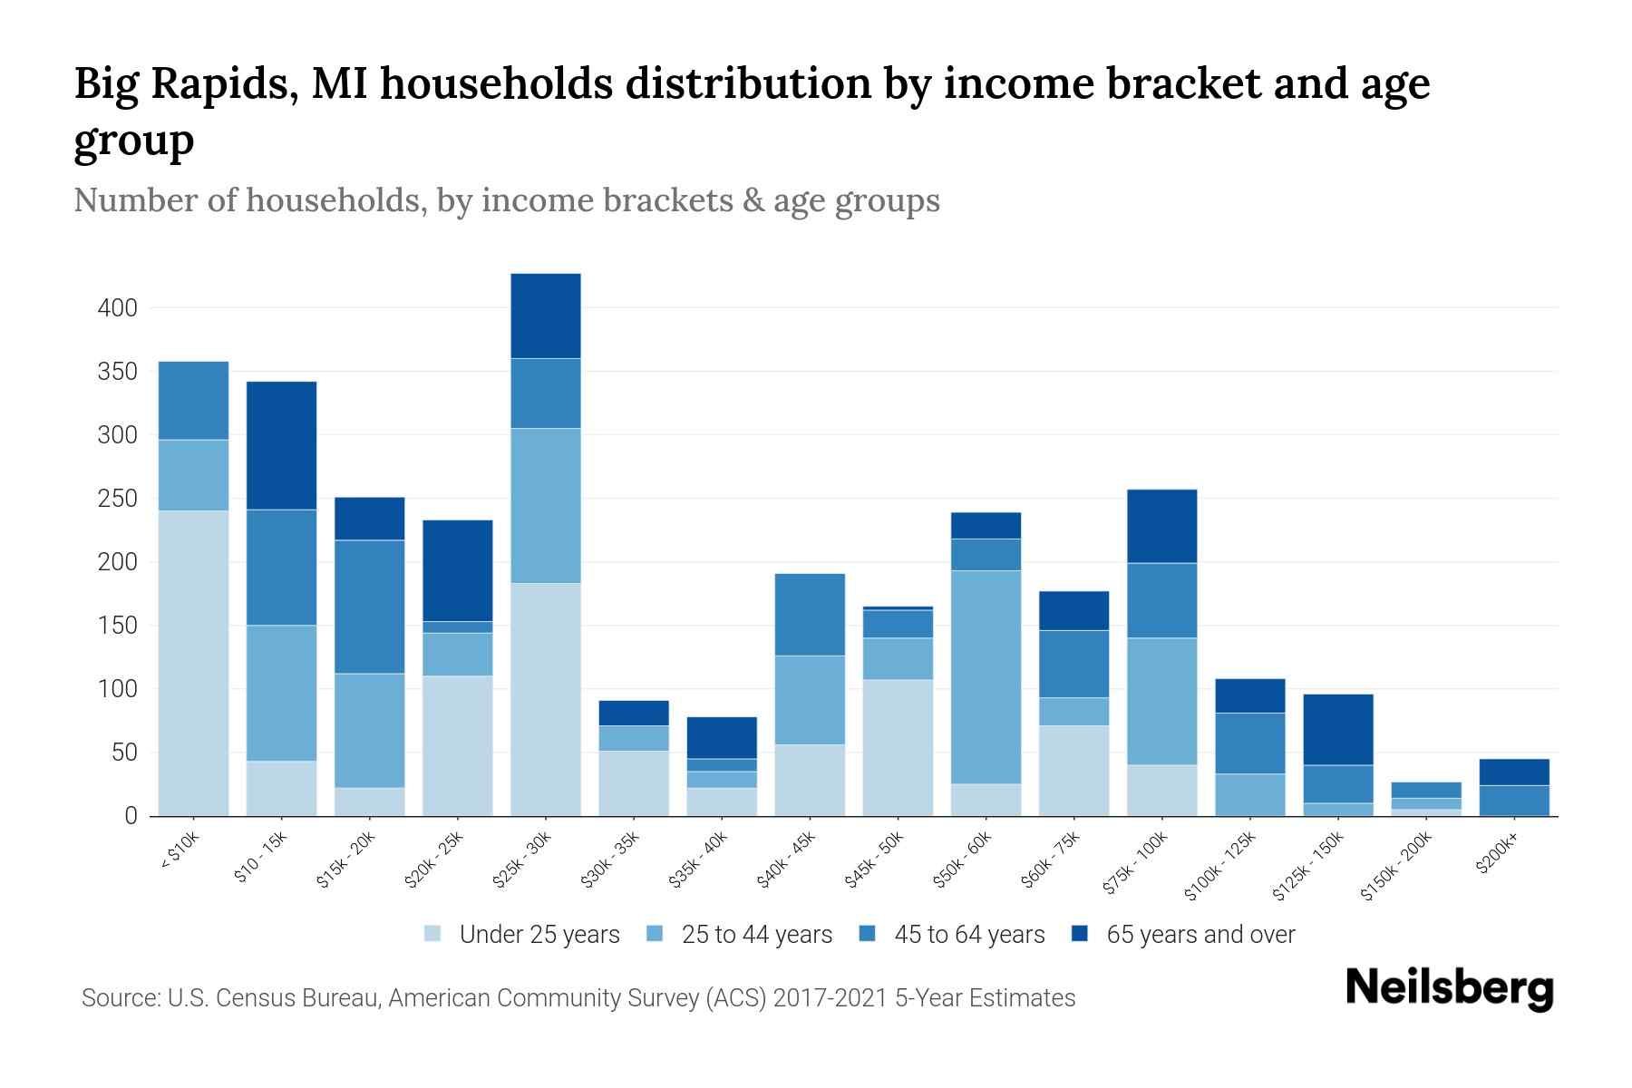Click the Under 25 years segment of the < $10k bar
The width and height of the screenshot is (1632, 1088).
coord(193,663)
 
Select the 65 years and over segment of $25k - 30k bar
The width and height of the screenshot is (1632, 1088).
coord(546,316)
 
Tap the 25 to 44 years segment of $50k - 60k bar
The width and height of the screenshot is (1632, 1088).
coord(986,676)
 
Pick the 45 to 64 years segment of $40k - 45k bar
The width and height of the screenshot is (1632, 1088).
coord(810,614)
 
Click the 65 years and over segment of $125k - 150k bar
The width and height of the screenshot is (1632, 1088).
coord(1338,729)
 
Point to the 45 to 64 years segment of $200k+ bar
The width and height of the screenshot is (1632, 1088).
coord(1514,800)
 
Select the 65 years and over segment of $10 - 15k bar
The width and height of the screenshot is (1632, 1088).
coord(282,445)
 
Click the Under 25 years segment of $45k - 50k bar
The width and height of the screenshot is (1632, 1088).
coord(898,747)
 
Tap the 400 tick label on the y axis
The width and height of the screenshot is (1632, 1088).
coord(117,308)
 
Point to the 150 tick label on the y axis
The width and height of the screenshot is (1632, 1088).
coord(117,626)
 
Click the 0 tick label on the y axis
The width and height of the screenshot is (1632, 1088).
coord(131,816)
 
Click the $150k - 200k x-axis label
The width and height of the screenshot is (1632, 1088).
coord(1396,867)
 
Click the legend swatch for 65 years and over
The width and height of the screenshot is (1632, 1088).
coord(1080,934)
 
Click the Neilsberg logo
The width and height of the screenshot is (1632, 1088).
coord(1449,988)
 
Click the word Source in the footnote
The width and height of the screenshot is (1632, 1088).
coord(119,998)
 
